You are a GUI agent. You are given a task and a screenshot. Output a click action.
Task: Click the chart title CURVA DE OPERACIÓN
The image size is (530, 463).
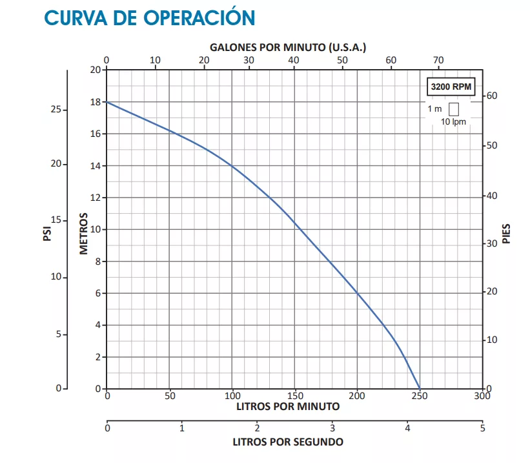(149, 17)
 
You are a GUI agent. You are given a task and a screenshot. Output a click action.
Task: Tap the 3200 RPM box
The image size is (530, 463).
(451, 86)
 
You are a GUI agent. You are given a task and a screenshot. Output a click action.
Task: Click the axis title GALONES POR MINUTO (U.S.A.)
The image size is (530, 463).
(288, 48)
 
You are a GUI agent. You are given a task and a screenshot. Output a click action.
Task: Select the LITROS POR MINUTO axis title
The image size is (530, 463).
(288, 407)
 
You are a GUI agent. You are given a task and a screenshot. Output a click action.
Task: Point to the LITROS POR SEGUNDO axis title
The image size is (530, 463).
(288, 442)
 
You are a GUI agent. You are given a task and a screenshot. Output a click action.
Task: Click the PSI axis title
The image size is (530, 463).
(47, 232)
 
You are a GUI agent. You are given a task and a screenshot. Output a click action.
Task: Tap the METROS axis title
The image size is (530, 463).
(84, 232)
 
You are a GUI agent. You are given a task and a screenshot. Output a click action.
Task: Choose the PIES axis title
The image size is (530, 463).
(507, 233)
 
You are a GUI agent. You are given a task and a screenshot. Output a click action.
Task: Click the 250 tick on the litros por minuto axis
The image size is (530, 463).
(420, 396)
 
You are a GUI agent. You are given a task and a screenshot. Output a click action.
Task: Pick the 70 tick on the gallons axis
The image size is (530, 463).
(438, 60)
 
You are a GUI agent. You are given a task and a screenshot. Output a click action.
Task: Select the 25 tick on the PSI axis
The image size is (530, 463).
(56, 110)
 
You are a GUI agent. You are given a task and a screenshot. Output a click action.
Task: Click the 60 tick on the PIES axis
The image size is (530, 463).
(493, 96)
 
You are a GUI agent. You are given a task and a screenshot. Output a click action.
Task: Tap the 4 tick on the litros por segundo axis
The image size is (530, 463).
(407, 427)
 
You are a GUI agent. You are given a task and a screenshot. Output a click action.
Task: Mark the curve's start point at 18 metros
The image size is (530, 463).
(107, 102)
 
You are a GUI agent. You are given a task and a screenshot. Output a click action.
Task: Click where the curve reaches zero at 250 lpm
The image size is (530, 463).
(420, 388)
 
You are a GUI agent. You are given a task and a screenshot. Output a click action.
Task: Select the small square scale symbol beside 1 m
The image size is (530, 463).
(453, 109)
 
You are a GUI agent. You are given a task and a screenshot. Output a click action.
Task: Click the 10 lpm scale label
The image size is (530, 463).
(453, 122)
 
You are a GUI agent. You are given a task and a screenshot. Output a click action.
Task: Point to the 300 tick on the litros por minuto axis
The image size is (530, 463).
(482, 396)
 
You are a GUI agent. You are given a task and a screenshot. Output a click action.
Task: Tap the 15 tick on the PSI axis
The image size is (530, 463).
(56, 220)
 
